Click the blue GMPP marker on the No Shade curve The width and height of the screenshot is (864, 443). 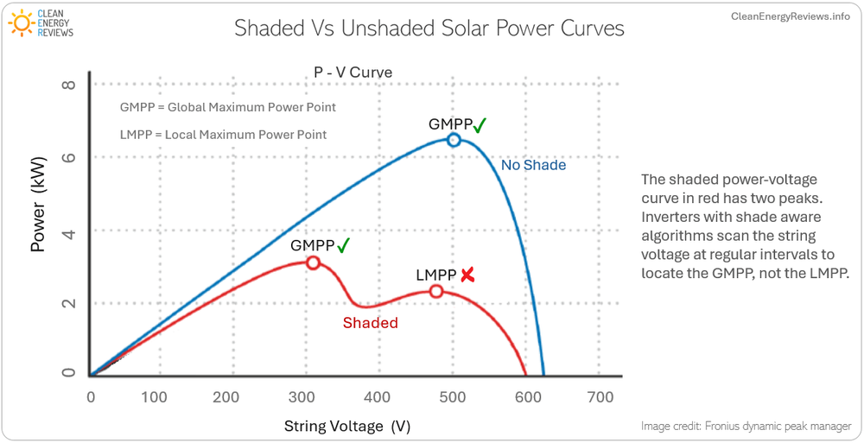(x=454, y=140)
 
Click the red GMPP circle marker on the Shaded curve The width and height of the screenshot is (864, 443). (x=313, y=263)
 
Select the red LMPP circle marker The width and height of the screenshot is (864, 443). (x=436, y=292)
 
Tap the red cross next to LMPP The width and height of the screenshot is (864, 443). (x=467, y=275)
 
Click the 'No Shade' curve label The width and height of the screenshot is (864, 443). (x=533, y=165)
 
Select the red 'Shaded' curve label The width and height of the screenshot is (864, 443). (x=370, y=323)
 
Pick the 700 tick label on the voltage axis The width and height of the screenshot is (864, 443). (x=600, y=397)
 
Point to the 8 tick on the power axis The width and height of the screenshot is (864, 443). (x=69, y=85)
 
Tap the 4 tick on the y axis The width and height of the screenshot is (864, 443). (x=69, y=231)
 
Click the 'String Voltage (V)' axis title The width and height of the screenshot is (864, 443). (x=346, y=427)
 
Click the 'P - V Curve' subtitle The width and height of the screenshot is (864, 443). (x=353, y=73)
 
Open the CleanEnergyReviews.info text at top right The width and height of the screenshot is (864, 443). (x=790, y=16)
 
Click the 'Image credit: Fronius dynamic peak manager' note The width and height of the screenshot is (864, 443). (x=746, y=427)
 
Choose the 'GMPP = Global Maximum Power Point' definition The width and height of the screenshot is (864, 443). (x=227, y=108)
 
